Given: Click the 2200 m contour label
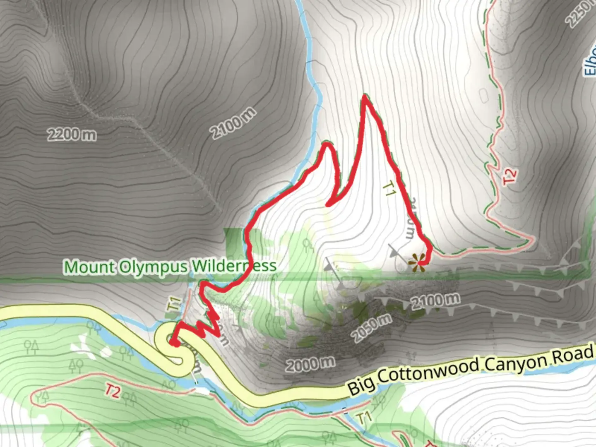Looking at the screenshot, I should (72, 135).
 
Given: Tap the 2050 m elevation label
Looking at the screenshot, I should (372, 328).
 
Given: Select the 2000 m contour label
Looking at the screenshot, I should (310, 364).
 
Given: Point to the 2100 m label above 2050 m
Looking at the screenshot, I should (435, 300).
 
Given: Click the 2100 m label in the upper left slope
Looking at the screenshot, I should (233, 123).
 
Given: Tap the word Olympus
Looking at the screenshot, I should (154, 267).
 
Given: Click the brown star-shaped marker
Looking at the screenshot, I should (417, 263).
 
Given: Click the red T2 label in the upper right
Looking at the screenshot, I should (509, 176).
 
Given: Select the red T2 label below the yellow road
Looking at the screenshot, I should (112, 391).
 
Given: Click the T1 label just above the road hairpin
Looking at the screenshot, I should (174, 303).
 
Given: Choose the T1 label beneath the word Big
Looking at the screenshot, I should (364, 418).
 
